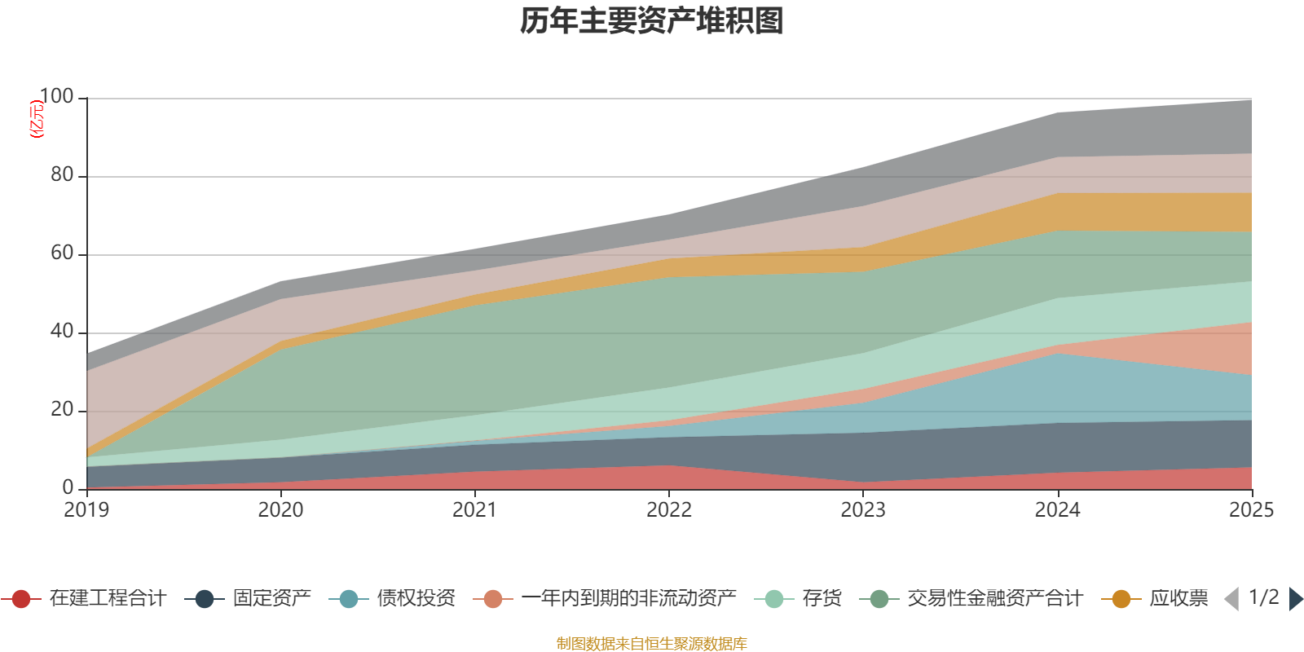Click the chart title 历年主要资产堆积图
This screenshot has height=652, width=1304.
[652, 21]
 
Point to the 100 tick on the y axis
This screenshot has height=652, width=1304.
[56, 97]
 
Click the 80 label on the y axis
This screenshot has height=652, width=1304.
[62, 175]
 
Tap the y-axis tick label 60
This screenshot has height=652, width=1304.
[62, 253]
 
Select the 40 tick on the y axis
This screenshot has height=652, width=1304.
[62, 332]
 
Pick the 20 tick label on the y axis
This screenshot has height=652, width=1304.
[62, 410]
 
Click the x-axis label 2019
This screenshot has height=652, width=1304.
[86, 510]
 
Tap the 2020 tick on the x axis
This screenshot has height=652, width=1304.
[280, 510]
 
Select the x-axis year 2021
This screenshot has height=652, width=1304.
[474, 510]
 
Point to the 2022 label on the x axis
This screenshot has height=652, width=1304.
[668, 510]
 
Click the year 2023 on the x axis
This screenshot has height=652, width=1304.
[863, 510]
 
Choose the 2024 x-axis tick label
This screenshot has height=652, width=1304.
[1057, 510]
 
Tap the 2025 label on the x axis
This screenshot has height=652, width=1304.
[1251, 510]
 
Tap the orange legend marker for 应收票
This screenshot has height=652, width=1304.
[1121, 599]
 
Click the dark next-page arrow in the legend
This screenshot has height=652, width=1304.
[1295, 599]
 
